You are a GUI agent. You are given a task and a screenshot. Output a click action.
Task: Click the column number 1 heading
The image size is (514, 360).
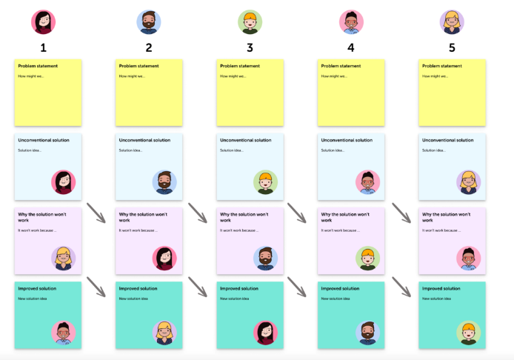(44, 47)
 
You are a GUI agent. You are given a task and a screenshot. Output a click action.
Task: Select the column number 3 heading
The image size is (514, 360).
(250, 47)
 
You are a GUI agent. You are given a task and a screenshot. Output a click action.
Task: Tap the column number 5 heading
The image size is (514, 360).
(452, 47)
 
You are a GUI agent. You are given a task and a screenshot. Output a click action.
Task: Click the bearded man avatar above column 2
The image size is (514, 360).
(149, 21)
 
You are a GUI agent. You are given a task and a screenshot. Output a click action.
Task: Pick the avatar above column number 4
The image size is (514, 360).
(351, 21)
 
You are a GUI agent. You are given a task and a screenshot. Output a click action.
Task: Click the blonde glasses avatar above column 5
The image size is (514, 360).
(452, 21)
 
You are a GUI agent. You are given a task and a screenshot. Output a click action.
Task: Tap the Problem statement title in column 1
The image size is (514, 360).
(38, 66)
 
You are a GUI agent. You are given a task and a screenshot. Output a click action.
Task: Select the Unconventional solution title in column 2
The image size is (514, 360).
(144, 140)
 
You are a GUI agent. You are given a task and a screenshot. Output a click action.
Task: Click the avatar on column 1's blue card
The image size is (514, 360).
(64, 182)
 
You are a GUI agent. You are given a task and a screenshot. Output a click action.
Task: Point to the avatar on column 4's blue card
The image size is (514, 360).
(367, 182)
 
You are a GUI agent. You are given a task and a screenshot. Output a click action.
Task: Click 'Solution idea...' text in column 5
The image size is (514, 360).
(435, 150)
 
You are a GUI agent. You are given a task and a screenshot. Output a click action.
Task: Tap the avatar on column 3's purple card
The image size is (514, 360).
(266, 258)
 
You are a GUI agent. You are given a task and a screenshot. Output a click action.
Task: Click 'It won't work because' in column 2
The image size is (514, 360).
(138, 230)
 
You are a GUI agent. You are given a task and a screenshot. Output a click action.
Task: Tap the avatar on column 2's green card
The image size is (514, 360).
(165, 333)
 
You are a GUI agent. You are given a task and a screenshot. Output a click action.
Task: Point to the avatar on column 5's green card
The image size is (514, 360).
(468, 333)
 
